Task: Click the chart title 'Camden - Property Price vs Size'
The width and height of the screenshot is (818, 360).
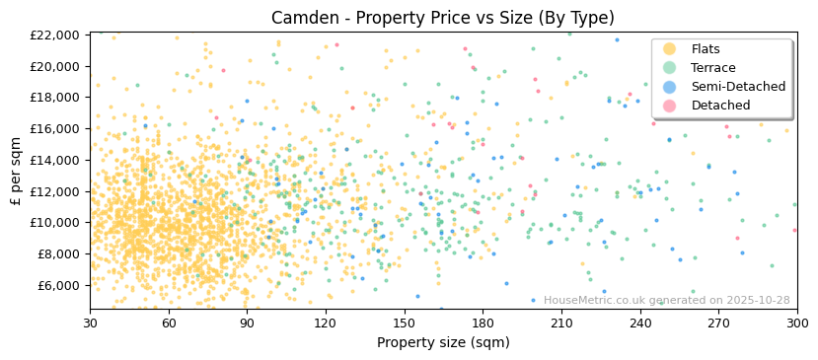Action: (x=443, y=17)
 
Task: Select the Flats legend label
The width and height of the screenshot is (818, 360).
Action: (x=706, y=49)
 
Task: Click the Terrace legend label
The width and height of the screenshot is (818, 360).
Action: (x=711, y=68)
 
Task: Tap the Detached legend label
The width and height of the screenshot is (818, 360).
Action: (x=720, y=106)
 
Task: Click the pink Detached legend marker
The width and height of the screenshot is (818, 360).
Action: (x=670, y=106)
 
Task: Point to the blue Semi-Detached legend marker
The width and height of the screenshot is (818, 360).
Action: (x=670, y=87)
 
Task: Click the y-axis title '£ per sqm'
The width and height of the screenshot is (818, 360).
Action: (x=16, y=171)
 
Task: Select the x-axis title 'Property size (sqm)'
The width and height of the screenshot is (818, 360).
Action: (x=443, y=342)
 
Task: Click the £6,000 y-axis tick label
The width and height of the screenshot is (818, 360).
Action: (x=59, y=285)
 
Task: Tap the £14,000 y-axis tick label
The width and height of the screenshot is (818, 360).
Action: (x=56, y=160)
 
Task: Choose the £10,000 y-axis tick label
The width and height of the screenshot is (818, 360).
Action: (x=56, y=223)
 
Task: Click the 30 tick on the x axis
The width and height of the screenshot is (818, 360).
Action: (x=90, y=323)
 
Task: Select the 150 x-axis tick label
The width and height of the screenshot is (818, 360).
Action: (x=404, y=323)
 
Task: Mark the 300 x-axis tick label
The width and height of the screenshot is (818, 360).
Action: (x=796, y=323)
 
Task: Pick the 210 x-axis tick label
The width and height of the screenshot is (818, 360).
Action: (x=560, y=323)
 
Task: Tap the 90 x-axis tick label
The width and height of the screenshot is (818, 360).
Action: (x=247, y=323)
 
